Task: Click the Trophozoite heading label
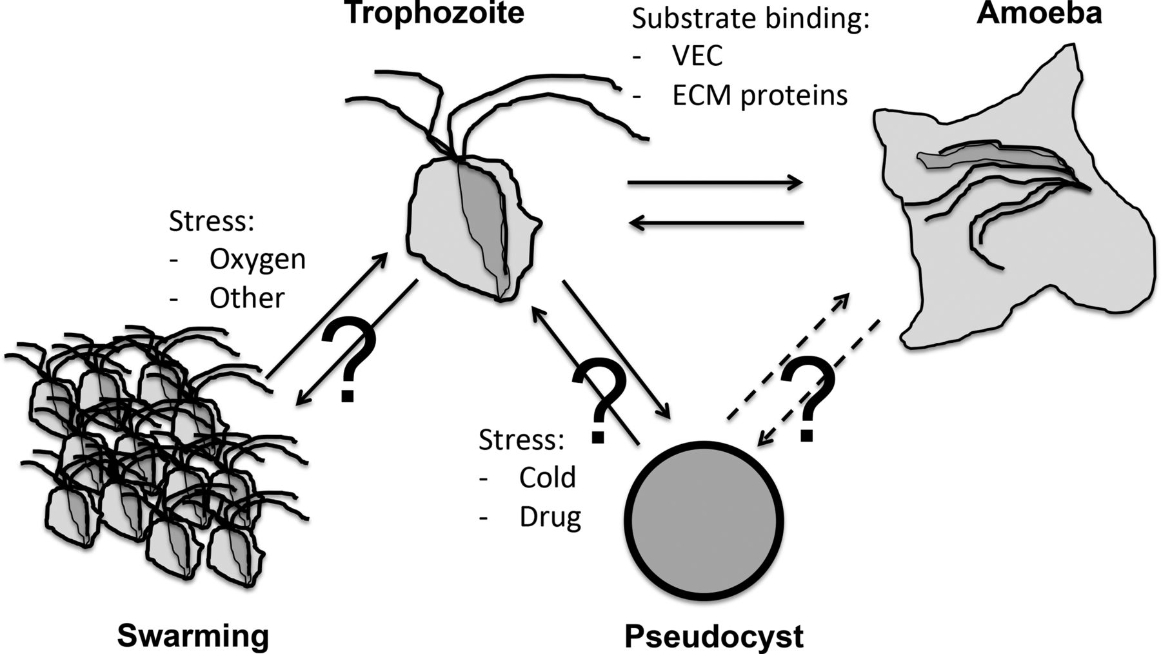click(435, 13)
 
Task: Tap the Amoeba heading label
click(1039, 13)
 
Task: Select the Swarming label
click(193, 635)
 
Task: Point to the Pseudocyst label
click(714, 635)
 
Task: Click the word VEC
click(697, 57)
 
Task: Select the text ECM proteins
click(760, 96)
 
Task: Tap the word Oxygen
click(257, 259)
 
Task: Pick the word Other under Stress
click(247, 298)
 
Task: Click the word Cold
click(548, 478)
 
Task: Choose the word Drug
click(550, 516)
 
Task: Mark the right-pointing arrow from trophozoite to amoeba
click(715, 183)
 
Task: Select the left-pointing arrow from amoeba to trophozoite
click(716, 224)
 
